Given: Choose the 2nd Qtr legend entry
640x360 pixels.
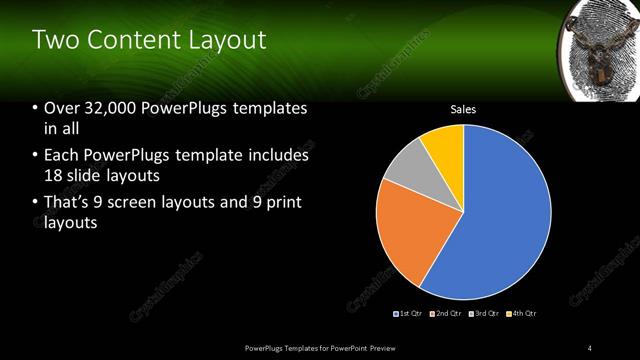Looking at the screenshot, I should (445, 314).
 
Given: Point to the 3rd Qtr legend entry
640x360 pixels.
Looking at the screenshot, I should (483, 314).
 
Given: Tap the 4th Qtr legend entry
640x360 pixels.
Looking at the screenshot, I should (521, 314).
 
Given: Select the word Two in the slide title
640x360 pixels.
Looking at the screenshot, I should (54, 41).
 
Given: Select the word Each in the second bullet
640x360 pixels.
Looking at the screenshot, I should (63, 155).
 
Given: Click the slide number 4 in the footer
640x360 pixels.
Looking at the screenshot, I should (590, 347).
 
